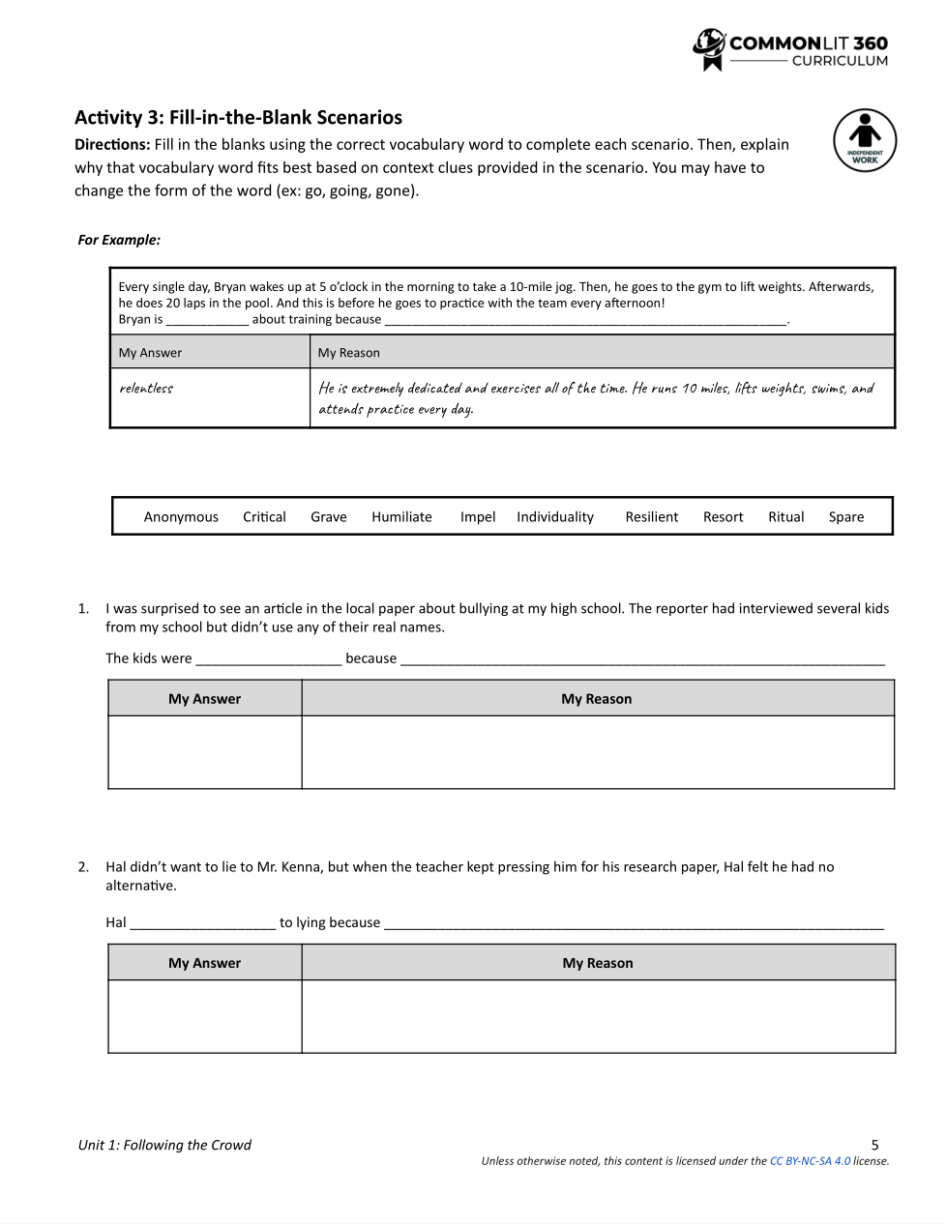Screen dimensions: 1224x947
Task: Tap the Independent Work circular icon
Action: pos(865,140)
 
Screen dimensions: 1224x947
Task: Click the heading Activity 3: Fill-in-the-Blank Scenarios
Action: pos(238,118)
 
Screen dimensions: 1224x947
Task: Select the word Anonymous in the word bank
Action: pos(181,517)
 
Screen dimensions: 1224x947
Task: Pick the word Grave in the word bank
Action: pos(328,517)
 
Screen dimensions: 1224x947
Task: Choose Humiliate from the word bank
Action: pos(401,517)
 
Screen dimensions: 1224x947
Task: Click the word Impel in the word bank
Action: pos(478,517)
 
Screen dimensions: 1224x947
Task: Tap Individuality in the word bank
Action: pos(555,517)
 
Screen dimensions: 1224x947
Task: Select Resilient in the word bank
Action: pos(651,517)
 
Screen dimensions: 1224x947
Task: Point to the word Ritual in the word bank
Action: pos(785,517)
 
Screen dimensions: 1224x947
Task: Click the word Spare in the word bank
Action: pos(845,517)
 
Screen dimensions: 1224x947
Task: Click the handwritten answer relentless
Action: pos(146,389)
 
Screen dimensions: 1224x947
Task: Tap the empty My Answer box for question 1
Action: pos(205,752)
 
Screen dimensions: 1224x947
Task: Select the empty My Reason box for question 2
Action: pos(598,1016)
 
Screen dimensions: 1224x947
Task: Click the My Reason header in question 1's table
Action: pos(597,699)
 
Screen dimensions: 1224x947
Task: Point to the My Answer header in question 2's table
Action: pos(205,963)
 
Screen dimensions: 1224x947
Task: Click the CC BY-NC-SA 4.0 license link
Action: pos(810,1161)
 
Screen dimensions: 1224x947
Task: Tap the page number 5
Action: pos(874,1145)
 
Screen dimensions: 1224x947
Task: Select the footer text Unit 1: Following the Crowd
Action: pos(164,1145)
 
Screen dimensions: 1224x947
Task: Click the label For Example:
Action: pos(119,240)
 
